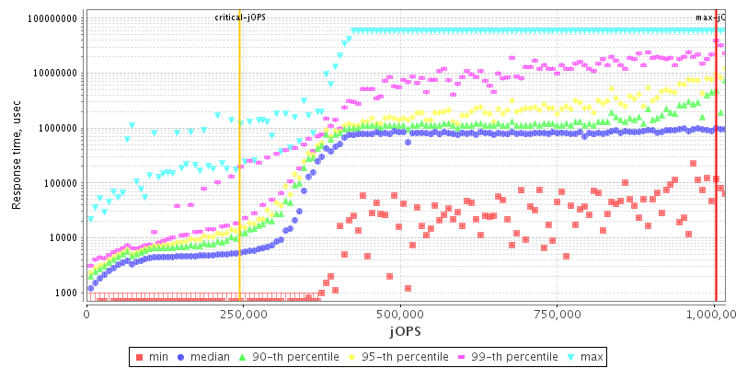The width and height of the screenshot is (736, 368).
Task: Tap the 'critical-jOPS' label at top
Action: tap(240, 17)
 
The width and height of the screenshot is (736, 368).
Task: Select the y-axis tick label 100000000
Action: tap(52, 18)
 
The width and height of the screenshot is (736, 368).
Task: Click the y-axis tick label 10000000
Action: tap(55, 74)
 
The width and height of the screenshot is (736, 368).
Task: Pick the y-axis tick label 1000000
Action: tap(58, 129)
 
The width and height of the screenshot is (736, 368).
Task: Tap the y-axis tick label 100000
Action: tap(61, 183)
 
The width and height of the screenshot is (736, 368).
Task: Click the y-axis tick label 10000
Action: tap(63, 238)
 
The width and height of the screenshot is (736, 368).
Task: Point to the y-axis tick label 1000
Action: tap(66, 293)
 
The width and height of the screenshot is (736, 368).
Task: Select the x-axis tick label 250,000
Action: tap(239, 313)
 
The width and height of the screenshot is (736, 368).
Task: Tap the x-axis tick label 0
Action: tap(86, 313)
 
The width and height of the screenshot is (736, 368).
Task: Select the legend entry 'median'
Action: tap(203, 356)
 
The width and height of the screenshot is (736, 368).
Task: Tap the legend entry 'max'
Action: tap(588, 356)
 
